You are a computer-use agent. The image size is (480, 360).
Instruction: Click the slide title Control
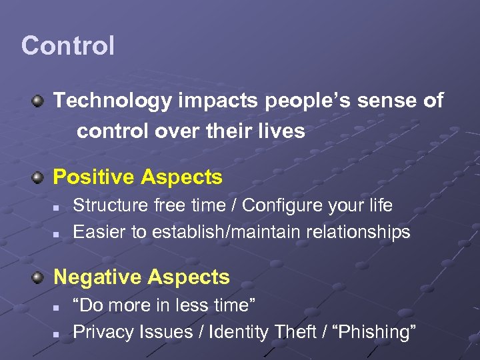pyautogui.click(x=67, y=46)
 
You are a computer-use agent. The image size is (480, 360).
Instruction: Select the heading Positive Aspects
pyautogui.click(x=137, y=177)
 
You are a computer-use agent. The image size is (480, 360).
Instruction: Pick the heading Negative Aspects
pyautogui.click(x=141, y=277)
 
